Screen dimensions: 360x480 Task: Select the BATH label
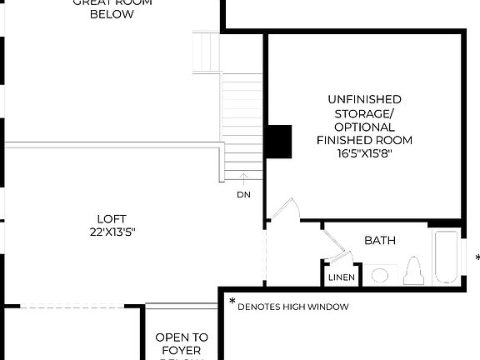click(380, 241)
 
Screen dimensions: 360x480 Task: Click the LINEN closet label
click(342, 277)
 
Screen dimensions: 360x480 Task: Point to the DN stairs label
click(243, 194)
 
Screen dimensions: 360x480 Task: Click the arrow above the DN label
click(243, 177)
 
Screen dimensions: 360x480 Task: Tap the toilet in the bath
click(412, 272)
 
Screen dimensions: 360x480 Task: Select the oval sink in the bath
click(380, 275)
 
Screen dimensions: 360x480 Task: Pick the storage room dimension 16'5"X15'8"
click(364, 153)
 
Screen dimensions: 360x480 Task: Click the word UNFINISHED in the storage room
click(364, 99)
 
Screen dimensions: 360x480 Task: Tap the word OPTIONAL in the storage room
click(364, 127)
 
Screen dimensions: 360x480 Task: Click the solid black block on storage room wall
click(279, 142)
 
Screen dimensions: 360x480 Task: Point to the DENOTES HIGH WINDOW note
click(292, 307)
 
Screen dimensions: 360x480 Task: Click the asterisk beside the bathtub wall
click(477, 258)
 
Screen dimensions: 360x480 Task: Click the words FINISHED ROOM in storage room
click(364, 140)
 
